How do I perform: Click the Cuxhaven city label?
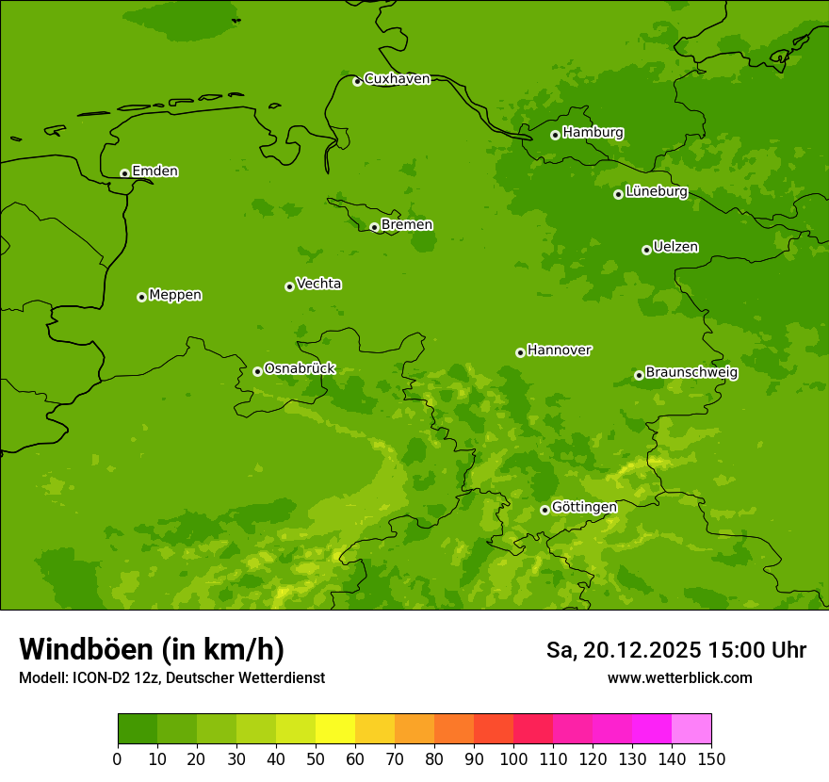point(397,78)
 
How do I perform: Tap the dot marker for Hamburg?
point(555,135)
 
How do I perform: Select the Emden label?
point(154,171)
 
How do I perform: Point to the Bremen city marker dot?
point(374,227)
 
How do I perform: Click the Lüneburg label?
point(656,191)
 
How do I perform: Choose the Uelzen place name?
point(675,247)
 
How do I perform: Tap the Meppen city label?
point(175,295)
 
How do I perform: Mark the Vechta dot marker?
point(289,286)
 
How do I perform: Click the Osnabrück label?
point(300,368)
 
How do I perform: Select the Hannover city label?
point(559,350)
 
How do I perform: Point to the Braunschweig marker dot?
point(639,375)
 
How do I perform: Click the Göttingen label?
point(584,507)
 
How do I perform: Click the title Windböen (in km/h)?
point(151,649)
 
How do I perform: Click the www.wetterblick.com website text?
point(679,677)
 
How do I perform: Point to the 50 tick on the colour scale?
point(316,758)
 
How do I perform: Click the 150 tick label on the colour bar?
point(711,758)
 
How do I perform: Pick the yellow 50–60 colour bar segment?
point(335,729)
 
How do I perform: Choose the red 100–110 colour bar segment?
point(533,729)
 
